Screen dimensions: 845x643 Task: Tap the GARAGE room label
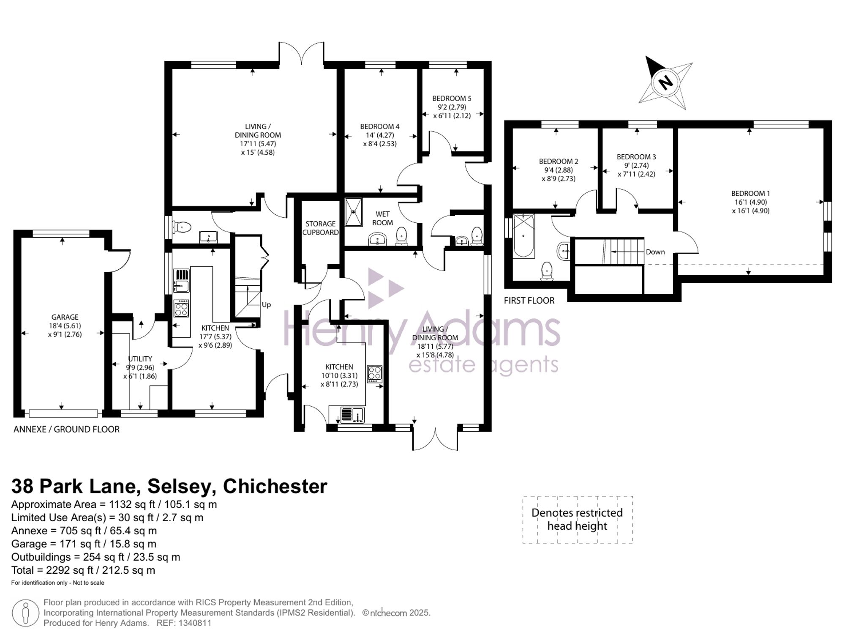[65, 317]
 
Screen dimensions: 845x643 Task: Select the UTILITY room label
[140, 359]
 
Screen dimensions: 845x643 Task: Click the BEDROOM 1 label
[750, 194]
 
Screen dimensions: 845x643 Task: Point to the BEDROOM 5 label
[452, 99]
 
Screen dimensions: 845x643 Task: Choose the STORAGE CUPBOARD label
[321, 228]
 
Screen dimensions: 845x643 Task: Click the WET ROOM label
[383, 219]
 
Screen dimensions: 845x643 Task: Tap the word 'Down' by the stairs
[655, 252]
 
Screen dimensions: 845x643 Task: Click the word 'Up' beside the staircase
[266, 305]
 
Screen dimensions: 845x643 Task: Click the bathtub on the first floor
[523, 236]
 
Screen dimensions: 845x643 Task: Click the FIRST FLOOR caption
[529, 301]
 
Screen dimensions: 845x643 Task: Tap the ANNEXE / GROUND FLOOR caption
[67, 430]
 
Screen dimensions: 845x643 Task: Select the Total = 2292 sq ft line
[83, 570]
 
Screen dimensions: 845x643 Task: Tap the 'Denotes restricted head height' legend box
[578, 520]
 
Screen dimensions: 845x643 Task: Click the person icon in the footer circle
[26, 613]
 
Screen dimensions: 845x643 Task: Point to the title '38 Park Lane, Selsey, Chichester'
[169, 487]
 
